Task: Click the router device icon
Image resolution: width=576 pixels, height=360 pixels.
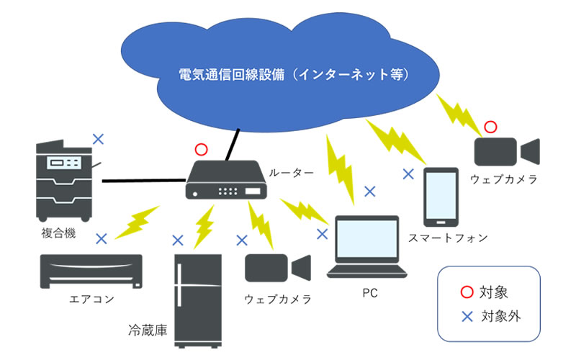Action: pyautogui.click(x=226, y=180)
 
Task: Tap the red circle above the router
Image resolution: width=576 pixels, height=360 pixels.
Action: pyautogui.click(x=201, y=150)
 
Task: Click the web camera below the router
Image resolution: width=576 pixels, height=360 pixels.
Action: pyautogui.click(x=276, y=268)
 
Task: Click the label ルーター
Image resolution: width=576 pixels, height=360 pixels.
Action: pyautogui.click(x=291, y=173)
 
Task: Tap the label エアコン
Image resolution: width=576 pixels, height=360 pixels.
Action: pyautogui.click(x=91, y=299)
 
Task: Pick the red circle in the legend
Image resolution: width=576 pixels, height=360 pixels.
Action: pyautogui.click(x=467, y=292)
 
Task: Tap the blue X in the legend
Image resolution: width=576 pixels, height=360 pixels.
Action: pyautogui.click(x=467, y=315)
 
